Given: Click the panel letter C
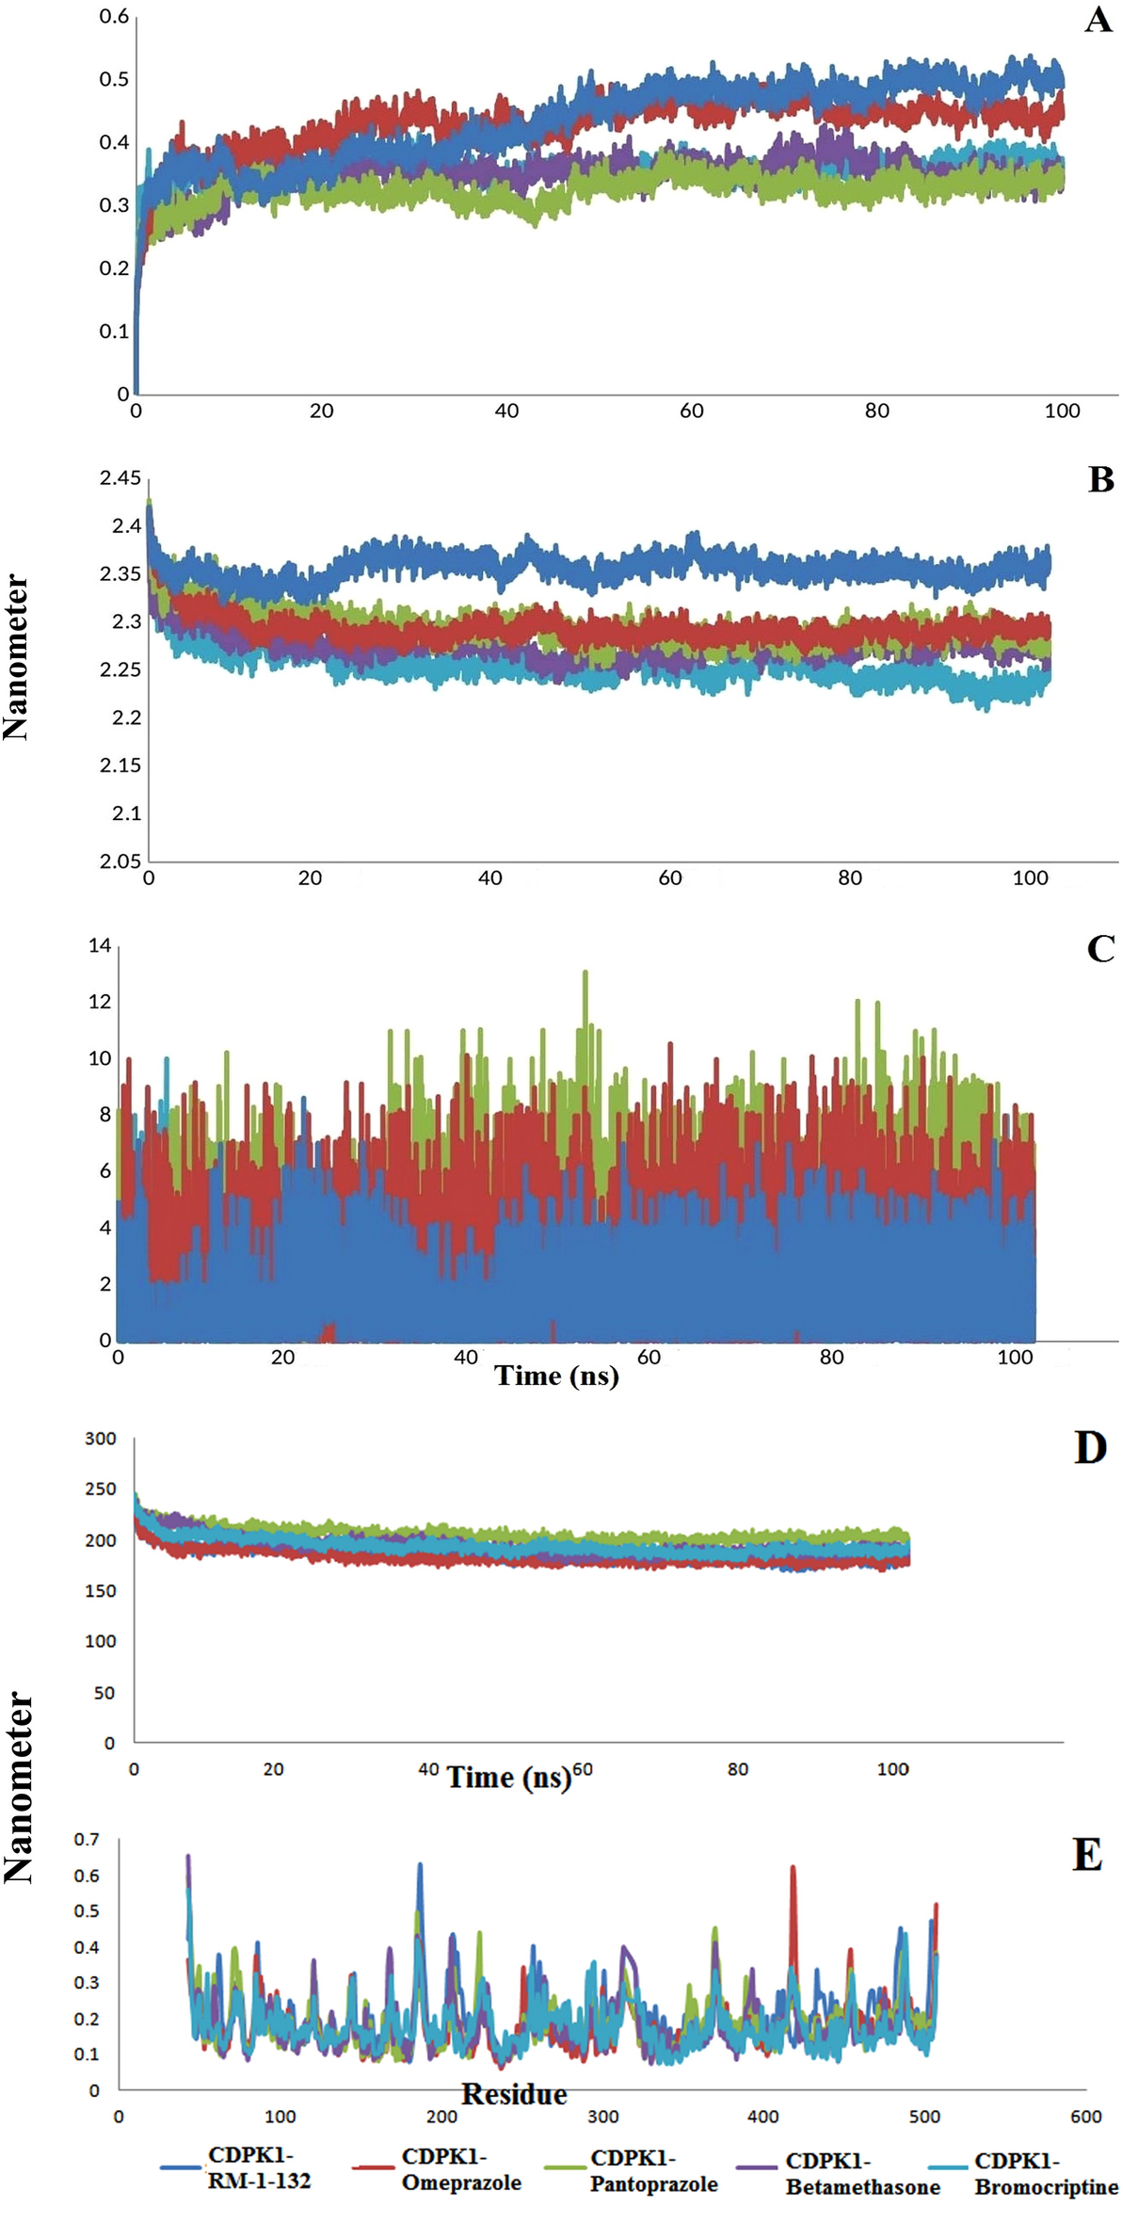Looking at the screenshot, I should (1100, 948).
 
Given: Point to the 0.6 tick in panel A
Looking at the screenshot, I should (114, 16).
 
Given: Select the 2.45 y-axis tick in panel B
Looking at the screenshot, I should (120, 478).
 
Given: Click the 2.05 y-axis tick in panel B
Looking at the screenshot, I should (120, 861).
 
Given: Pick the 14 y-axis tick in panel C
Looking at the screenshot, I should (100, 945).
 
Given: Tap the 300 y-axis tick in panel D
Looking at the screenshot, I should (101, 1438).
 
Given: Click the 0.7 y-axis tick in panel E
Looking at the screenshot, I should (87, 1840).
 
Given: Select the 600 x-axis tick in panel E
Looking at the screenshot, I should (1085, 2117).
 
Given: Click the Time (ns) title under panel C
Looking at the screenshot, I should (556, 1376).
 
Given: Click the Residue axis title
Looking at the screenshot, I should (514, 2094).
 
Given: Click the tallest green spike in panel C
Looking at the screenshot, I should (585, 974).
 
